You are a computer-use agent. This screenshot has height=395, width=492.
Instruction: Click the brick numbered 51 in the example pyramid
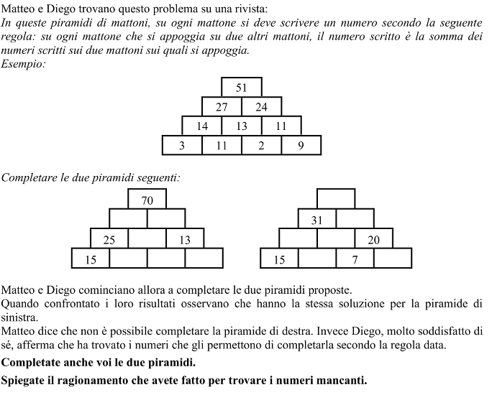point(242,88)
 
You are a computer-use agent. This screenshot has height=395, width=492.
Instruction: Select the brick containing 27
point(222,107)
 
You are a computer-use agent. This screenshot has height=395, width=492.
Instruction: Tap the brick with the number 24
point(261,107)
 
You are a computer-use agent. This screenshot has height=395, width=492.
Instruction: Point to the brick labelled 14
point(202,126)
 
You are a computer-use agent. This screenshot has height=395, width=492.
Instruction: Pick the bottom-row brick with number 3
point(183,145)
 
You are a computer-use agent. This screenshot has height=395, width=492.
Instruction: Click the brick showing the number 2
point(261,145)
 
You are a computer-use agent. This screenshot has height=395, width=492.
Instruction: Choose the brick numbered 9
point(301,145)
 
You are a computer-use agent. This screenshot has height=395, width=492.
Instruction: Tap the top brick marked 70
point(147,200)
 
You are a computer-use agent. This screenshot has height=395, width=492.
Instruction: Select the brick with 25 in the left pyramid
point(109,239)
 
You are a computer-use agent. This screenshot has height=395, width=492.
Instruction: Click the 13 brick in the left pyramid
point(185,239)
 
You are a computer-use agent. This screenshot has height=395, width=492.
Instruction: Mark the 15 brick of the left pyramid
point(91,259)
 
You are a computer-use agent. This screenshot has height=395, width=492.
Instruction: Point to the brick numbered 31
point(317,220)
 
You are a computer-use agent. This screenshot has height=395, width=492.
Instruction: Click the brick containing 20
point(374,239)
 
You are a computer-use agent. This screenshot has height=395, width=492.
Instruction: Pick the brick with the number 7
point(355,259)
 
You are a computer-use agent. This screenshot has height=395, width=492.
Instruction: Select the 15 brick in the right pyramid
point(279,259)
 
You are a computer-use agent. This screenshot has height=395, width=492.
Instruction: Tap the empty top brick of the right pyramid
point(336,198)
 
